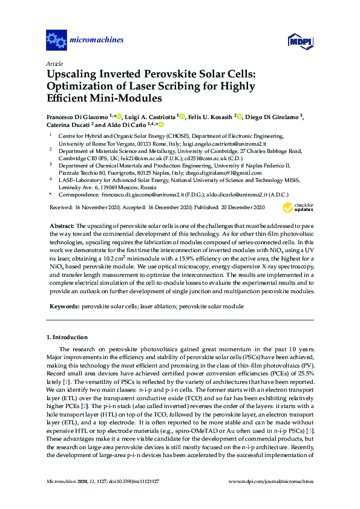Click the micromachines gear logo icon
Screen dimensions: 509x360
(56, 41)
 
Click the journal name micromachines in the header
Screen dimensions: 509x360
(97, 41)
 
